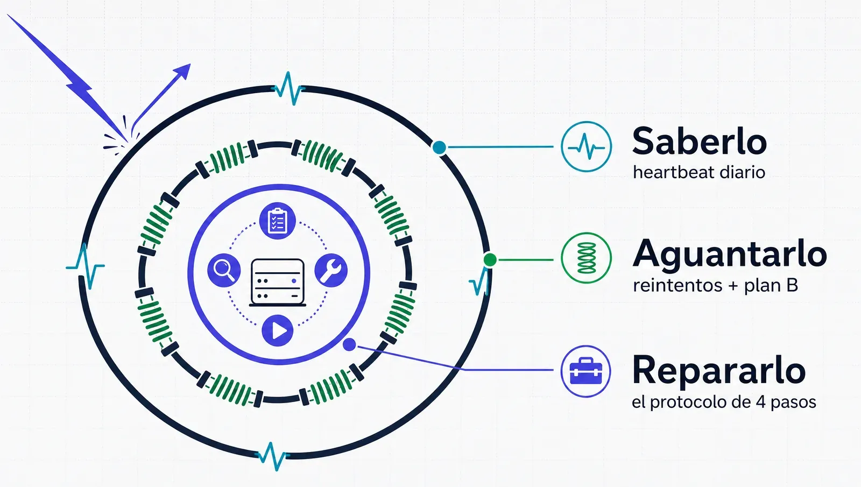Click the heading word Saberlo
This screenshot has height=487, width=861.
[x=699, y=141]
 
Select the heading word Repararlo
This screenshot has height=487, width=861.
[x=718, y=370]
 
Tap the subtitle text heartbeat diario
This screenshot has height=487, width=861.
[x=699, y=172]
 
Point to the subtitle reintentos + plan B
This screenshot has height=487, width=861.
[x=715, y=285]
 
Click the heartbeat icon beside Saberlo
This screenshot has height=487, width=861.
[x=586, y=146]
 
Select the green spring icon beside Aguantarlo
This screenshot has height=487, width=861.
[x=586, y=258]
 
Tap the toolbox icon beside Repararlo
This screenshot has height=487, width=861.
[x=585, y=371]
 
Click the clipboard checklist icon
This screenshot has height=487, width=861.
[x=277, y=221]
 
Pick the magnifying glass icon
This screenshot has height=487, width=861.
[x=224, y=270]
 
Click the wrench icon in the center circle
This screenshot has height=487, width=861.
[x=331, y=270]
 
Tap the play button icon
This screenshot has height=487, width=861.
[x=278, y=330]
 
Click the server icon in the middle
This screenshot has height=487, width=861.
[x=278, y=283]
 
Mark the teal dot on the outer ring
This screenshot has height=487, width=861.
[x=439, y=147]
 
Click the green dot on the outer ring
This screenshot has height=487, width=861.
[x=490, y=260]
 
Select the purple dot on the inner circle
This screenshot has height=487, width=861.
[x=349, y=344]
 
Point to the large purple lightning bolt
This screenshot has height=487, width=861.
[x=68, y=79]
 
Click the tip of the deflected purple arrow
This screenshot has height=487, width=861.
[x=190, y=64]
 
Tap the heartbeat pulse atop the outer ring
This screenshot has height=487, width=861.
[x=288, y=89]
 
